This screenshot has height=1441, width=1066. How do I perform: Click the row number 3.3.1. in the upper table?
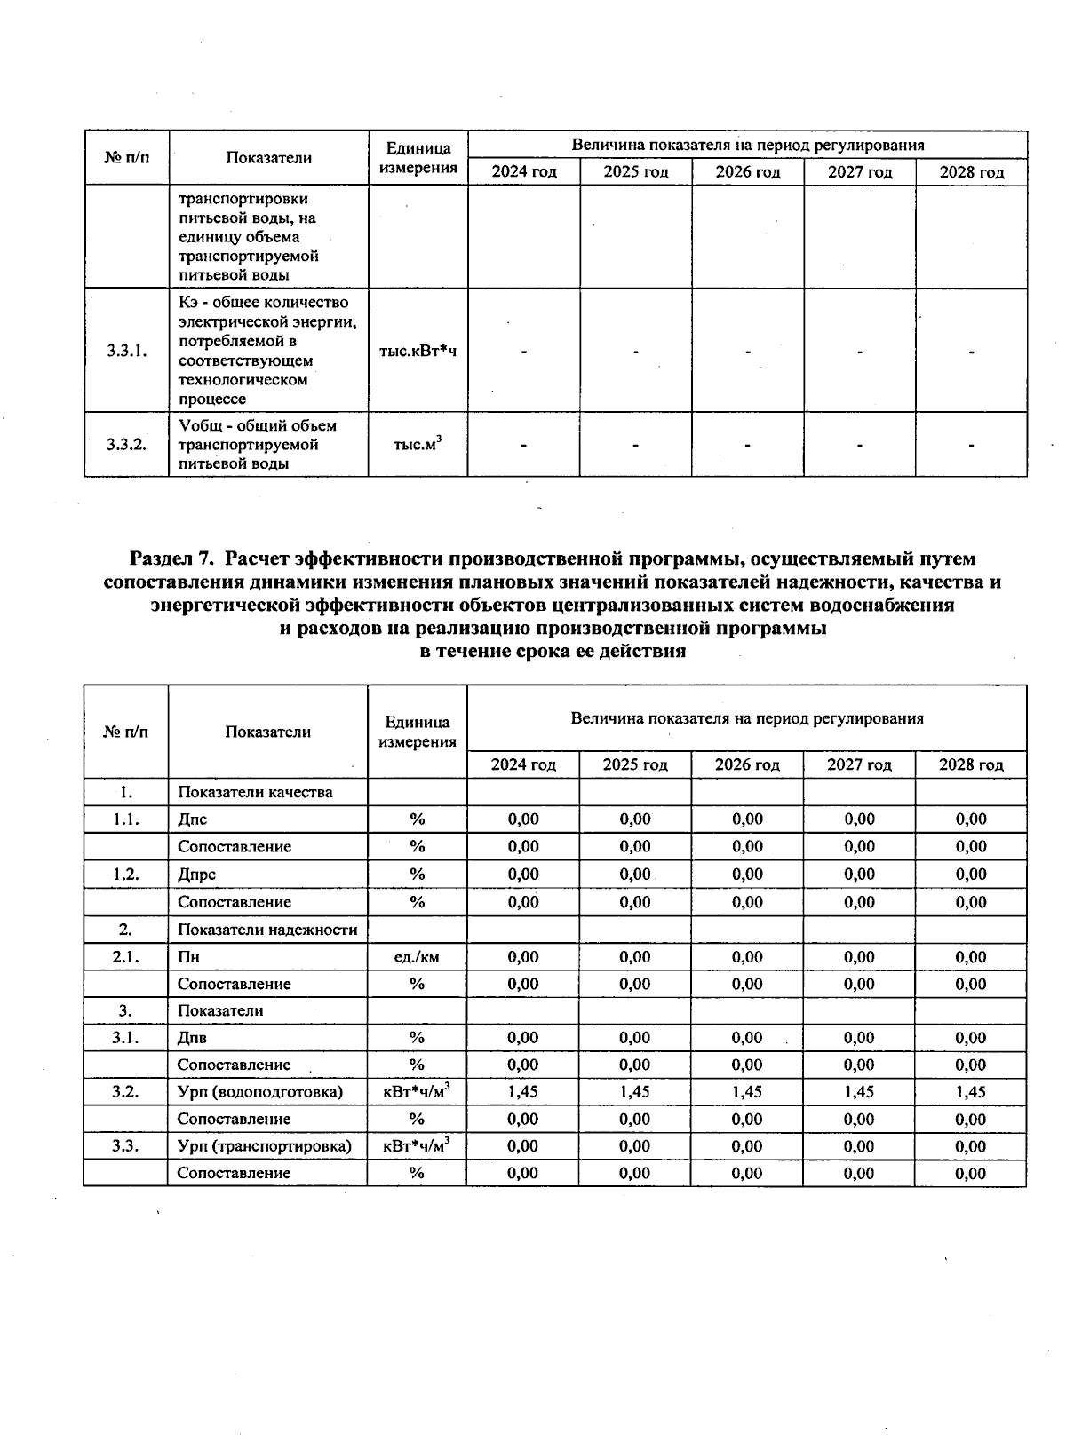pos(126,351)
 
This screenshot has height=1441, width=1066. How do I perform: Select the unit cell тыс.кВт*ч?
pos(418,351)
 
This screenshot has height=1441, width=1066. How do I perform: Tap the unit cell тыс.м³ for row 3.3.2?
pos(418,444)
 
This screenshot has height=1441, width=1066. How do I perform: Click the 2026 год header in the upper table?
pos(748,172)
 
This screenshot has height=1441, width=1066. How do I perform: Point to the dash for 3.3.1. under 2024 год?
pos(524,352)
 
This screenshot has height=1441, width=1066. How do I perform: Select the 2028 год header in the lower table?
pos(971,764)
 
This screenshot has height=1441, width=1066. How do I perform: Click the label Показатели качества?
pos(255,792)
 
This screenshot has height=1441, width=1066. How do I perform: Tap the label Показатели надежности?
pos(267,930)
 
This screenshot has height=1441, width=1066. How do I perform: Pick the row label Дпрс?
pos(196,875)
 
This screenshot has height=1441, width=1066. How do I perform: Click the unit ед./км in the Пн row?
pos(417,957)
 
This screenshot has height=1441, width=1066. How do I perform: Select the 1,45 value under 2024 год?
pos(523,1092)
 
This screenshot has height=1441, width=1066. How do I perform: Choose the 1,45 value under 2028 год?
pos(971,1092)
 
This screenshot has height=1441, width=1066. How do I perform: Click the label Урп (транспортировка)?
pos(265,1146)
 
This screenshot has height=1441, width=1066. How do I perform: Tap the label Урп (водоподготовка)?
pos(260,1092)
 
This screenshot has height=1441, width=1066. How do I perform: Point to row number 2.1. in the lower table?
pos(126,957)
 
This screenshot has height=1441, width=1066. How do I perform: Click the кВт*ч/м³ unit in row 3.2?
pos(417,1092)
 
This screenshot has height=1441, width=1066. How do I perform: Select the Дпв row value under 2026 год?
pos(747,1038)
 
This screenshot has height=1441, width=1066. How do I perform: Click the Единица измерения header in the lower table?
pos(417,732)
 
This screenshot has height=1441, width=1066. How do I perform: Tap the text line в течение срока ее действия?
pos(552,652)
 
